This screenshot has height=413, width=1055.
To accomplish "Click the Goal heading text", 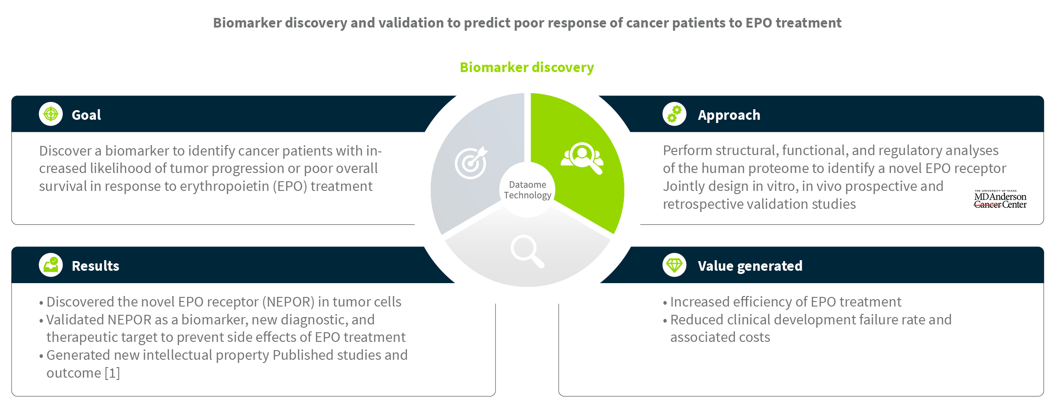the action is (x=86, y=115).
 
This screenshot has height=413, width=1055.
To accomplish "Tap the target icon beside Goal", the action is (x=51, y=114).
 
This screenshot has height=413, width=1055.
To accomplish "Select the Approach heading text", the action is (x=729, y=115).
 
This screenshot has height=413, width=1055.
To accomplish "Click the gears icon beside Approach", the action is (x=674, y=114).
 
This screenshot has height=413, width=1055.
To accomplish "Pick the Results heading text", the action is (x=95, y=266).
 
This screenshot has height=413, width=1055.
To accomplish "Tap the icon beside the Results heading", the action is (x=51, y=265).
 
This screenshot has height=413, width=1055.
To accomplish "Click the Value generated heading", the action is (x=750, y=266).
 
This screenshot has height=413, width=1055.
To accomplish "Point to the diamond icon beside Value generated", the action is (x=674, y=265).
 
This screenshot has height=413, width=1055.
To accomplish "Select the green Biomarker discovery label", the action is (x=527, y=67).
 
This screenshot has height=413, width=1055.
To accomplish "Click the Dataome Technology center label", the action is (x=527, y=190).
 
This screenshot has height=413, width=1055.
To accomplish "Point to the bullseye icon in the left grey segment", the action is (x=471, y=162).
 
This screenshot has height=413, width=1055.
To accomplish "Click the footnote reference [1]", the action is (x=112, y=373).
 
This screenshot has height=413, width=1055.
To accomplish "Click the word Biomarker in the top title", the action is (x=247, y=23).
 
